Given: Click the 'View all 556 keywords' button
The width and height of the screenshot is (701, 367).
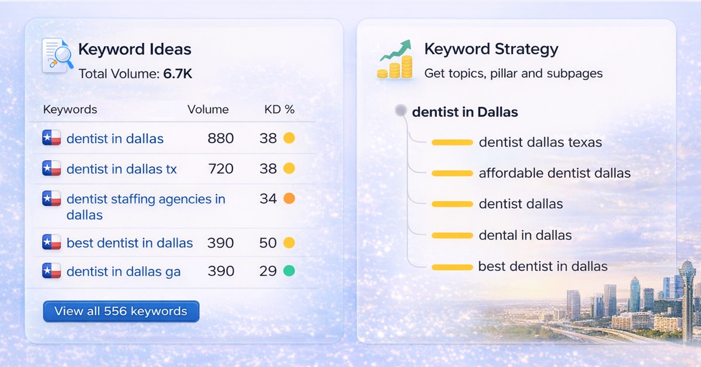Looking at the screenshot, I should [x=121, y=311].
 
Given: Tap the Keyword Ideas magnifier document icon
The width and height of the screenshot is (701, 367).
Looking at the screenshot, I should [x=57, y=56].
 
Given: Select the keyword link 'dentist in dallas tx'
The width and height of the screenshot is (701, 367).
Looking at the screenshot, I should [x=122, y=169].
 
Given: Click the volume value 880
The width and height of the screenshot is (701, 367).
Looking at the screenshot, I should [x=221, y=139].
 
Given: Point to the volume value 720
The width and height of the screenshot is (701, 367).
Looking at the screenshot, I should [x=221, y=169].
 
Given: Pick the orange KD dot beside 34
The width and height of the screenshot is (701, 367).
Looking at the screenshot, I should [x=289, y=199].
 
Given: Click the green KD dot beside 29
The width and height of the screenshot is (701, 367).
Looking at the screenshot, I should [x=289, y=271].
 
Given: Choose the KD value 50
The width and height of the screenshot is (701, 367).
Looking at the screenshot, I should [x=268, y=243].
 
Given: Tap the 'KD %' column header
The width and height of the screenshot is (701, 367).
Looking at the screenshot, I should [x=279, y=109].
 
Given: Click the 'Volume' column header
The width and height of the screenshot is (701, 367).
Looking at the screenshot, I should [x=208, y=109].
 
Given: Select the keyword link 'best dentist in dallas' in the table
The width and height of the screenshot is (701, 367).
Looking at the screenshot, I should [x=130, y=243].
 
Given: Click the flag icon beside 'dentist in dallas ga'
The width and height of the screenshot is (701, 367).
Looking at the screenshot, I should [x=52, y=271].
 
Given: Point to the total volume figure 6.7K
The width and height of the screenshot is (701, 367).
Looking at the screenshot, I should [x=178, y=74].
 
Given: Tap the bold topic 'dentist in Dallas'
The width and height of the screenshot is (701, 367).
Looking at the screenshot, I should [x=465, y=112].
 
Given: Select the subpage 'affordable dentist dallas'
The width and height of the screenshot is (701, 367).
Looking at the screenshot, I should [x=554, y=173].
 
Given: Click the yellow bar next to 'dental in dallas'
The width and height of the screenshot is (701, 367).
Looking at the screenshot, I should [x=452, y=236].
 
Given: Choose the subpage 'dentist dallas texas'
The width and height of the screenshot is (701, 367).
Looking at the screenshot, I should [x=540, y=142].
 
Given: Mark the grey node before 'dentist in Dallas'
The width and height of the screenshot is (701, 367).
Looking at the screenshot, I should [x=401, y=110].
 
